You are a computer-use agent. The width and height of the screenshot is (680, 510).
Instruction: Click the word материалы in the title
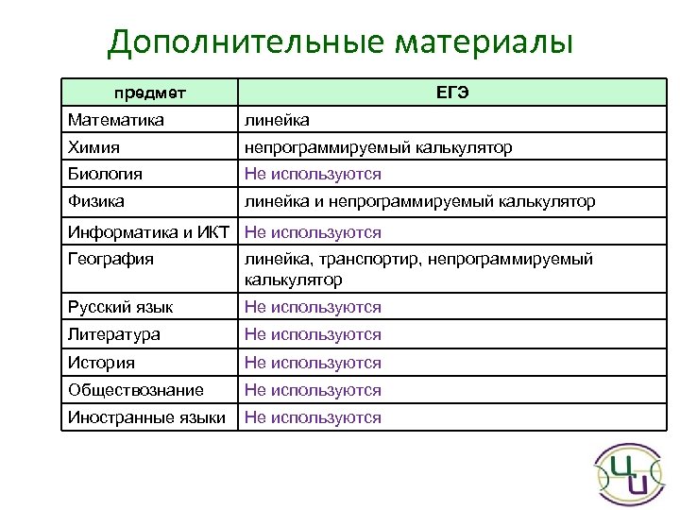coord(484,43)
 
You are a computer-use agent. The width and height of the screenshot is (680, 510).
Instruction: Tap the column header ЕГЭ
coord(453,93)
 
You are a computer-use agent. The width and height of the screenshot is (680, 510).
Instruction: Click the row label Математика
coord(116,120)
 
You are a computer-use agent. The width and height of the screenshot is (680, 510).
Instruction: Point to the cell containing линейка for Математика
coord(277,120)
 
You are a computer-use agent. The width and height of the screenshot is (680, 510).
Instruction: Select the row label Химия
coord(94,147)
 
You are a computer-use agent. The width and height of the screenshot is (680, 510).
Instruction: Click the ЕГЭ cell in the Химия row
coord(378,147)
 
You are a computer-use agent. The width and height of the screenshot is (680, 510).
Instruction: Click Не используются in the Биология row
coord(313,174)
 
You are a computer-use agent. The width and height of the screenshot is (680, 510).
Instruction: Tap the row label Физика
coord(96,201)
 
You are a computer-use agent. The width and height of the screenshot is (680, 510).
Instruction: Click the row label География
coord(110,260)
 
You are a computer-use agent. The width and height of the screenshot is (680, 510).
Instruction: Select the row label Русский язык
coord(120,307)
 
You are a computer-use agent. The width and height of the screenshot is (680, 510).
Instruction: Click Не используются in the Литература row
coord(313,334)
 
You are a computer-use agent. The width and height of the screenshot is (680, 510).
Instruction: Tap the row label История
coord(101,363)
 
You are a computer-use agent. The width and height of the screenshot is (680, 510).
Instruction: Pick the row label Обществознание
coord(136,390)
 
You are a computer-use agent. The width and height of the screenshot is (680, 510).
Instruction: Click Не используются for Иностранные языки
coord(313,417)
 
